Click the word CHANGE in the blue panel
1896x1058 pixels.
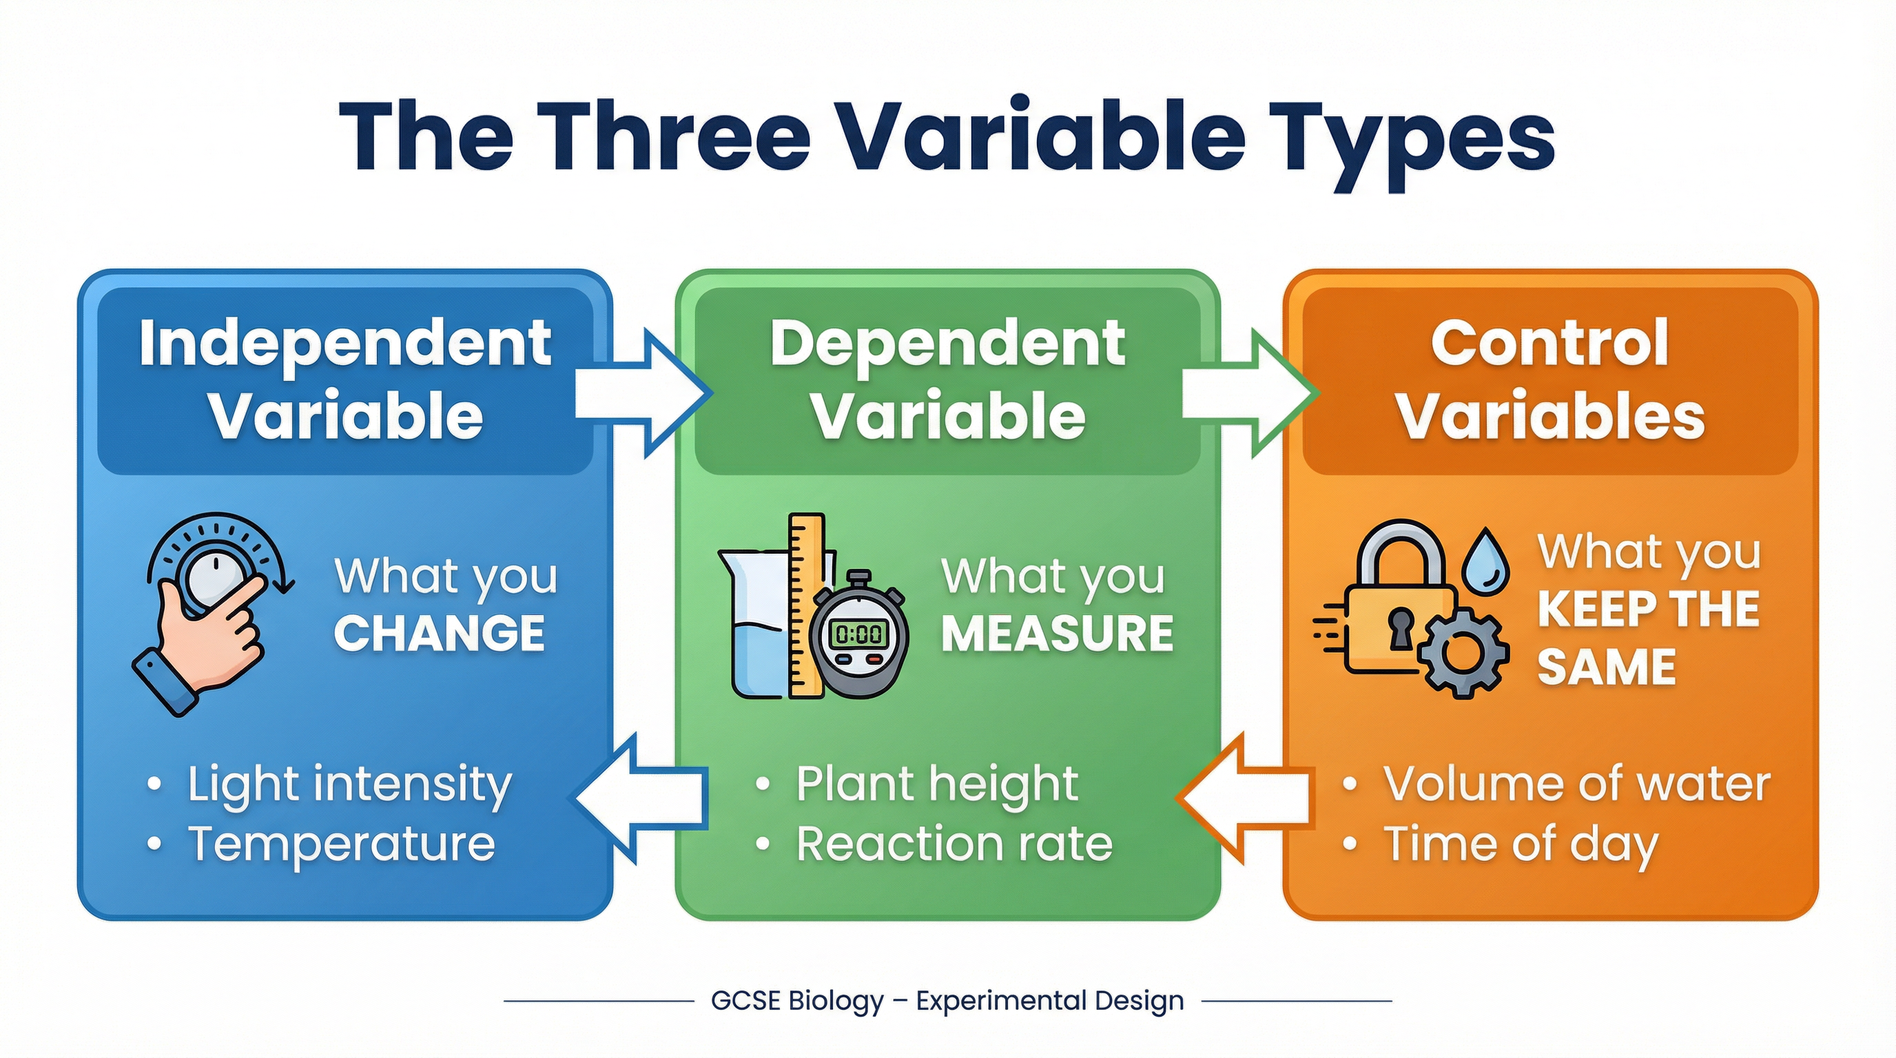pos(440,634)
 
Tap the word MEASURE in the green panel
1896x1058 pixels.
pos(1057,634)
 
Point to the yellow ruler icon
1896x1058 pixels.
pos(806,603)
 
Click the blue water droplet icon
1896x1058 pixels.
pos(1485,561)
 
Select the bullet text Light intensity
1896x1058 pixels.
pos(349,785)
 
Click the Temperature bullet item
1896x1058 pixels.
pos(342,844)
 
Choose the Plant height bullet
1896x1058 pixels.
pos(936,785)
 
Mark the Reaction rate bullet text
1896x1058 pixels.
pos(954,844)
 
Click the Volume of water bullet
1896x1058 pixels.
pos(1576,785)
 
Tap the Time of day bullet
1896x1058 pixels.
pos(1521,844)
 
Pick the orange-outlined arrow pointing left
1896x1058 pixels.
pos(1244,798)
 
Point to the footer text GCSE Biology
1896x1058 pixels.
pos(797,1002)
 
